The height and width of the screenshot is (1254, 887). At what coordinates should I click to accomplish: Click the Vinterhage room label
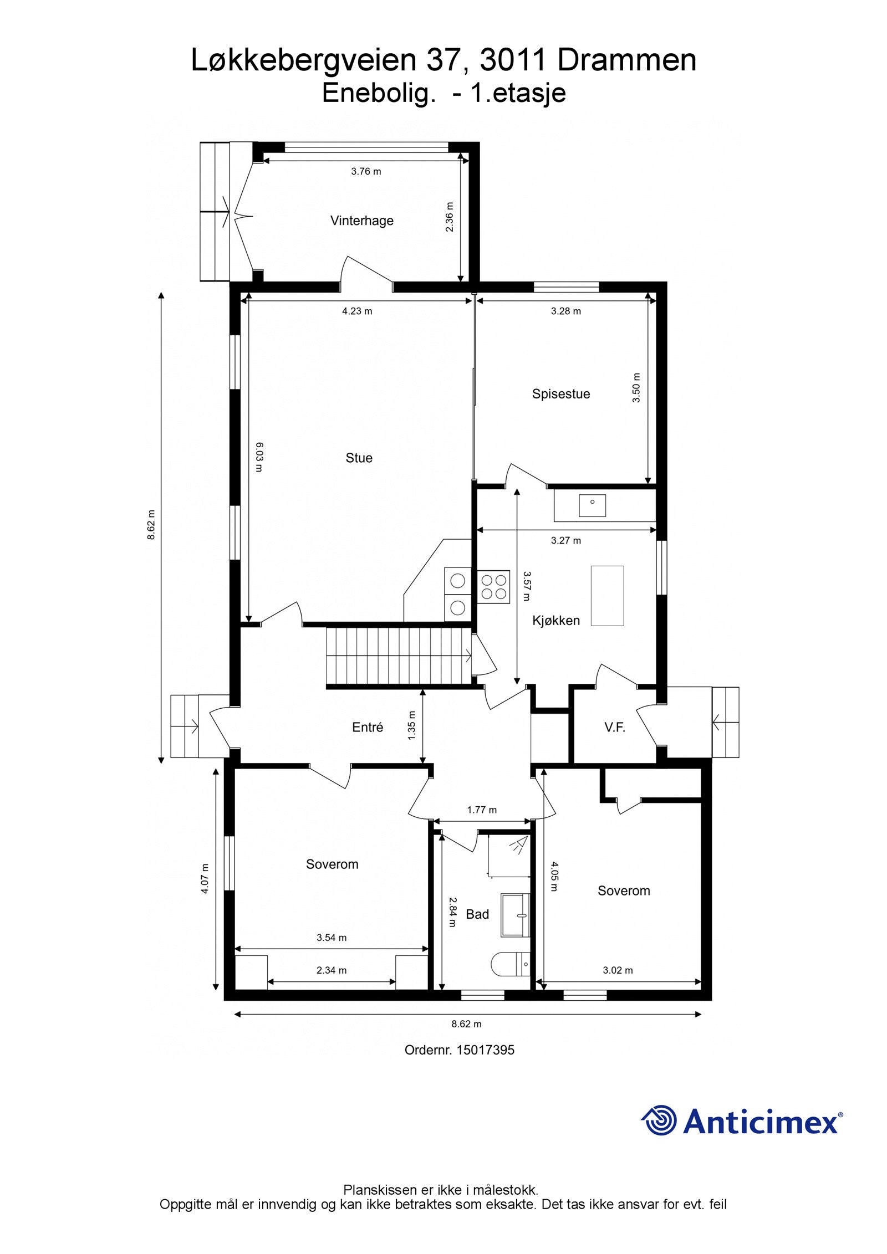coord(361,221)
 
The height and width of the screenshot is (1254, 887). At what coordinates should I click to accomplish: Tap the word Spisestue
coord(560,394)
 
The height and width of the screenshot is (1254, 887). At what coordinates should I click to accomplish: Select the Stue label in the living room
coord(359,458)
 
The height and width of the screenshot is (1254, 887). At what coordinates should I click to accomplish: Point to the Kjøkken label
coord(556,621)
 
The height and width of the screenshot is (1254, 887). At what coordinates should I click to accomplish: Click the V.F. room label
coord(614,728)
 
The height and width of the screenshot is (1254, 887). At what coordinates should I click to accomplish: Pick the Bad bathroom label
coord(477,914)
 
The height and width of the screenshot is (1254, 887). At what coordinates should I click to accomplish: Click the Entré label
coord(368,728)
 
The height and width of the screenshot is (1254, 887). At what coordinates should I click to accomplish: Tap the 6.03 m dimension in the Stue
coord(258,457)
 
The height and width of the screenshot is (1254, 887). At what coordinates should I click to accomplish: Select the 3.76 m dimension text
coord(366,171)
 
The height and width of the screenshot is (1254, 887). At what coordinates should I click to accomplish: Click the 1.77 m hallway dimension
coord(481,810)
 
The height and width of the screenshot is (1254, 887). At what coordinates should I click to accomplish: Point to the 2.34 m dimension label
coord(332,970)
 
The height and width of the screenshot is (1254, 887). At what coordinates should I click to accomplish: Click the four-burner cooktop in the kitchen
coord(493,587)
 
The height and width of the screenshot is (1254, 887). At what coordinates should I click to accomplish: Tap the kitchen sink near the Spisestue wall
coord(592,505)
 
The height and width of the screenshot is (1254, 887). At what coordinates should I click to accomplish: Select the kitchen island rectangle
coord(607,595)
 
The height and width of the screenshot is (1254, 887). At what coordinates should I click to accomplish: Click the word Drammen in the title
coord(626,61)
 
